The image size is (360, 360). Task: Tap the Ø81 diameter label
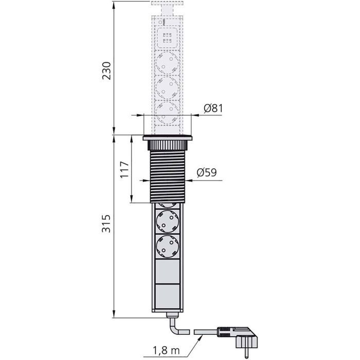tap(213, 109)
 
